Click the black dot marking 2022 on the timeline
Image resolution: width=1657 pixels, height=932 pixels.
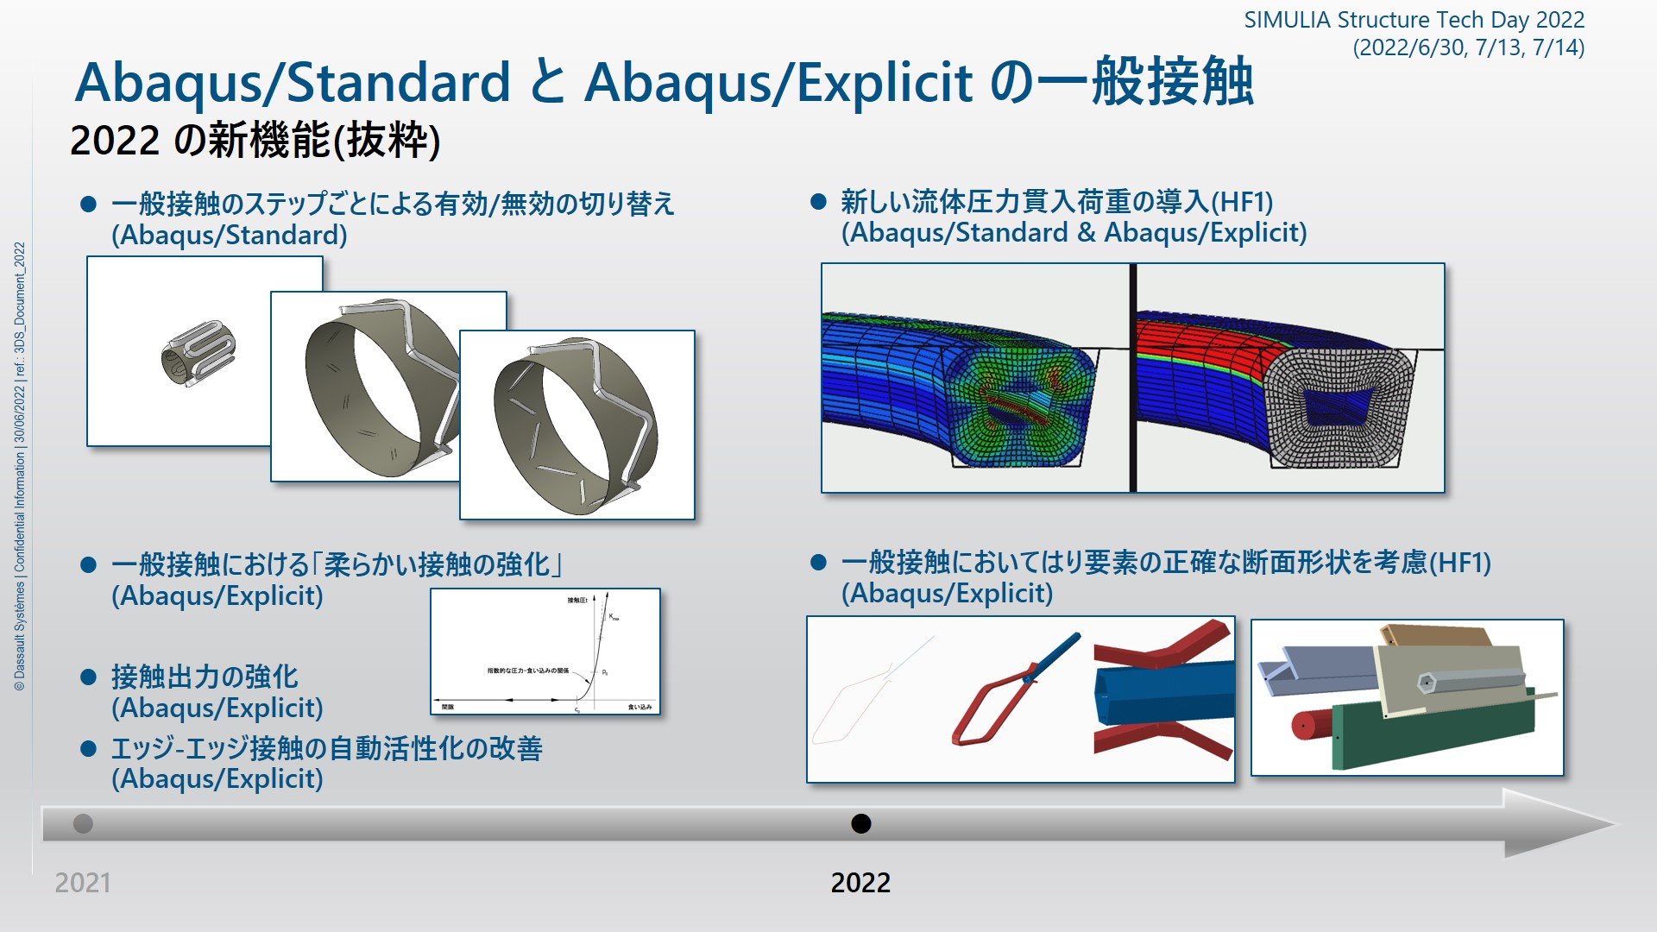click(x=860, y=823)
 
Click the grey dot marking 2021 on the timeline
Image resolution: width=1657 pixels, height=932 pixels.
click(x=83, y=823)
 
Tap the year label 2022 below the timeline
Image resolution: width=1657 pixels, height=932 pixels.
click(x=860, y=882)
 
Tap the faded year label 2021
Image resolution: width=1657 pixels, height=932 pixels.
click(x=83, y=882)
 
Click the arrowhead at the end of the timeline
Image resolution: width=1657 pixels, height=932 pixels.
click(x=1553, y=823)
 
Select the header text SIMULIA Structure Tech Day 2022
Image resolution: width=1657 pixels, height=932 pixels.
click(x=1414, y=20)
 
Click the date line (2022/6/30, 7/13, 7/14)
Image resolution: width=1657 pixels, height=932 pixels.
click(x=1468, y=47)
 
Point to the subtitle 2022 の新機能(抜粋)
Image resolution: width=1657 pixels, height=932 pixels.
click(x=255, y=141)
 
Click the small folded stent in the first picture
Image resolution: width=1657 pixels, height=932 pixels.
click(x=199, y=354)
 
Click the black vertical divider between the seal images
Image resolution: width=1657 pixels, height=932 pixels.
click(x=1132, y=378)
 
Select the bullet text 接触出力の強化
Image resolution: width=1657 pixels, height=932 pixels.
click(x=205, y=677)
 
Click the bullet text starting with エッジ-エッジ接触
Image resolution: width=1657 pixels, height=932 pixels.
click(x=326, y=748)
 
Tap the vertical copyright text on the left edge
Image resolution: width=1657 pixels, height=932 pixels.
click(x=19, y=466)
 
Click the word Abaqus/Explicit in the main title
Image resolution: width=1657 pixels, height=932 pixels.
click(x=778, y=83)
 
